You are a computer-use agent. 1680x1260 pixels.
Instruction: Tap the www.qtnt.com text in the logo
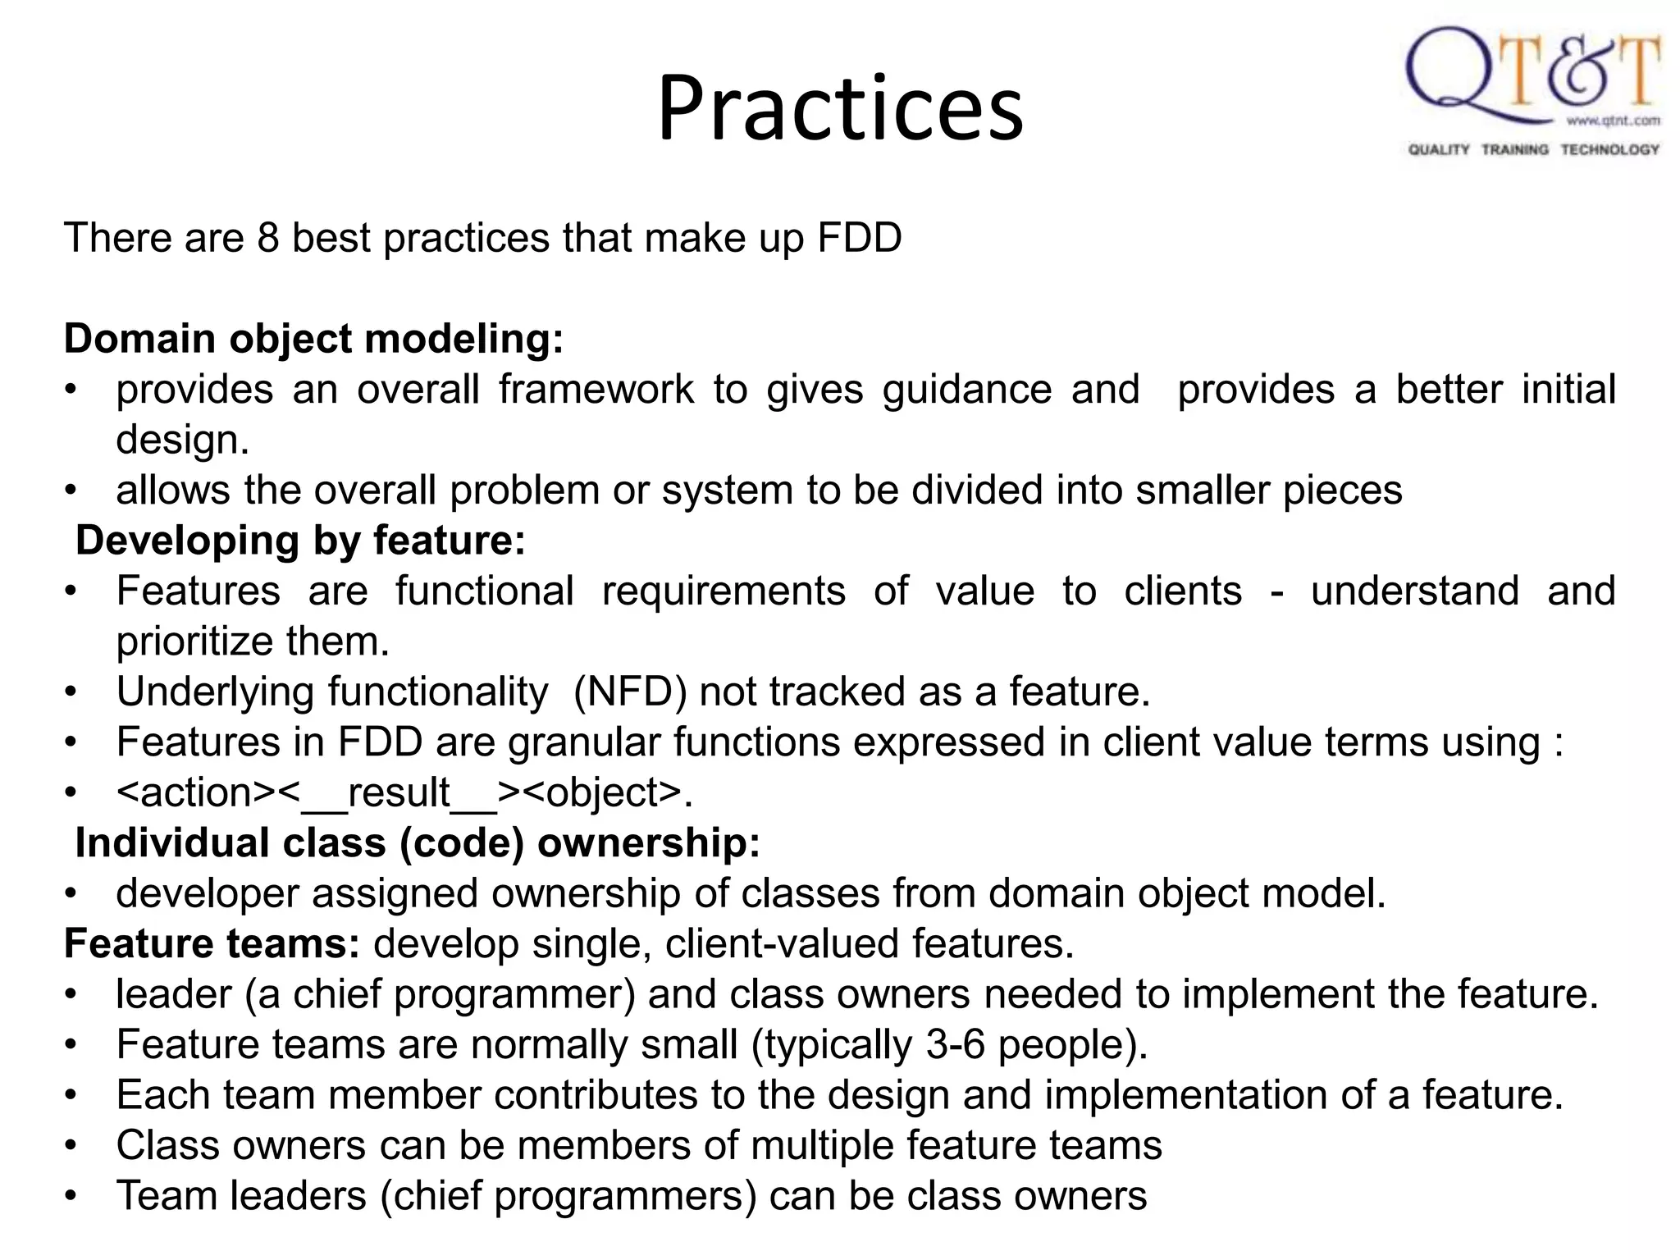(1613, 121)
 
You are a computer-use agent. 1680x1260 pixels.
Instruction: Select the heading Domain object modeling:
(314, 339)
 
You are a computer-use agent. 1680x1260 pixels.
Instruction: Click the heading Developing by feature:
(300, 541)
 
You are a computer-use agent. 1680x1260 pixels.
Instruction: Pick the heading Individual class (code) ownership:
(418, 843)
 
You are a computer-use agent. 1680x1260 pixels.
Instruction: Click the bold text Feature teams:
(212, 944)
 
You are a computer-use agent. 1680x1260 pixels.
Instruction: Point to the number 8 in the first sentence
(268, 238)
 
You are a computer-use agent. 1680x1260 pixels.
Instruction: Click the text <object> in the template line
(601, 793)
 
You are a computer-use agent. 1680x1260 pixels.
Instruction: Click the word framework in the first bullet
(596, 390)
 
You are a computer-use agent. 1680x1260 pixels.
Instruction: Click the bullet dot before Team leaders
(71, 1196)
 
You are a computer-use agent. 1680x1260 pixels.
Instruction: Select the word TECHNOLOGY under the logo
(1609, 149)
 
